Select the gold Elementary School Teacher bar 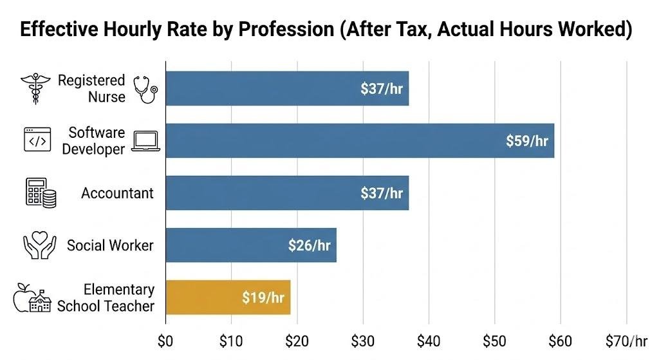coord(228,297)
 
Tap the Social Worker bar coord(251,245)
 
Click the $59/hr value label coord(526,140)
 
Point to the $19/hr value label coord(263,298)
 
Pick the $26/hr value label coord(309,245)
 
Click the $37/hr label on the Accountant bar coord(382,193)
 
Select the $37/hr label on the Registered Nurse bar coord(382,88)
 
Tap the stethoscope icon coord(145,89)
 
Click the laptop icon coord(146,141)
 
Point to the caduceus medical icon coord(34,89)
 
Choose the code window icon coord(37,139)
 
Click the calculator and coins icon coord(41,192)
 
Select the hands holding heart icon coord(39,245)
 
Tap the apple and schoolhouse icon coord(32,298)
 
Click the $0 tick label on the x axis coord(165,341)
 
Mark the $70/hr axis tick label coord(626,341)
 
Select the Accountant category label coord(117,193)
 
